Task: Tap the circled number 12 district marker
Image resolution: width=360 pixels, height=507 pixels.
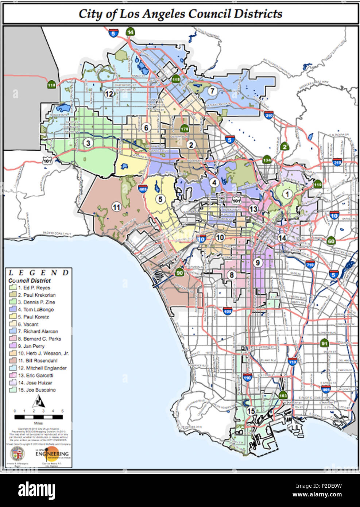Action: click(109, 94)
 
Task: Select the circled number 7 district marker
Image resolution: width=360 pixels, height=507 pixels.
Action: click(212, 91)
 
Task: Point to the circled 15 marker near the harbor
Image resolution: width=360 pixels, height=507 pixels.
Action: click(251, 411)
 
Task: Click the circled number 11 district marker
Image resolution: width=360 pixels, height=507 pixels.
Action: click(116, 207)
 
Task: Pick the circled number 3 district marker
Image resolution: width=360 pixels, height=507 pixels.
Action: click(88, 143)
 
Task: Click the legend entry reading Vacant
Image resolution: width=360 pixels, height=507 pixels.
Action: click(31, 324)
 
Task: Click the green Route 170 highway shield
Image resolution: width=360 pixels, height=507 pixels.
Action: click(184, 129)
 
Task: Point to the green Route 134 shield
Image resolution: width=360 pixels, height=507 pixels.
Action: click(267, 160)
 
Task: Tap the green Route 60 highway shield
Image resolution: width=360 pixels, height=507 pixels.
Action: click(331, 241)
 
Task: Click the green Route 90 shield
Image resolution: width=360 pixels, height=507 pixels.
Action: click(179, 272)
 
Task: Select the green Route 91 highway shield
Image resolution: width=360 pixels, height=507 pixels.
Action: click(324, 343)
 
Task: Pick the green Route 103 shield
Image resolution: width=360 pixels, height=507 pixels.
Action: click(283, 395)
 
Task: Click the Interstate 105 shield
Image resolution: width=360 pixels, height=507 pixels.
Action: click(228, 311)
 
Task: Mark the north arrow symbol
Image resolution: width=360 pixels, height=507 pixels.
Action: click(38, 402)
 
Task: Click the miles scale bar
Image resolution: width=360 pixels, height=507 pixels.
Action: click(38, 416)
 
